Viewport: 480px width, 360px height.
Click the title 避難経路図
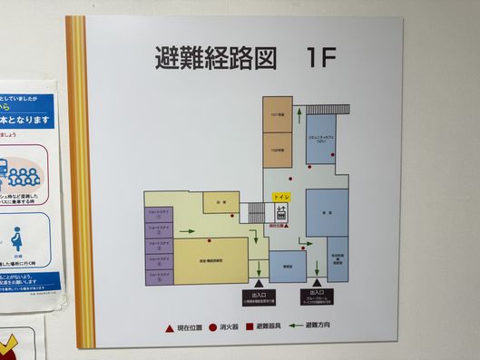point(214,60)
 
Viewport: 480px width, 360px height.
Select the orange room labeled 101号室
point(278,114)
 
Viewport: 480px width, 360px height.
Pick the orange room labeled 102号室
point(278,149)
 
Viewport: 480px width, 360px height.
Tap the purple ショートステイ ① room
point(160,215)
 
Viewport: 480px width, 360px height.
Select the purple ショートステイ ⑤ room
point(160,276)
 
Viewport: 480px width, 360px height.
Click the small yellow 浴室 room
point(220,202)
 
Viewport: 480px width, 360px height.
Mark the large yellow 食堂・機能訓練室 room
point(211,261)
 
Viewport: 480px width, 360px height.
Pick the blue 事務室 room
point(288,267)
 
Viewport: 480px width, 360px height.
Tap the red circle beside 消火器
point(212,325)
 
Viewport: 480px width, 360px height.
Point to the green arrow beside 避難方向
point(295,325)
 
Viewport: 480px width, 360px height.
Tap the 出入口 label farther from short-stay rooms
point(318,294)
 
